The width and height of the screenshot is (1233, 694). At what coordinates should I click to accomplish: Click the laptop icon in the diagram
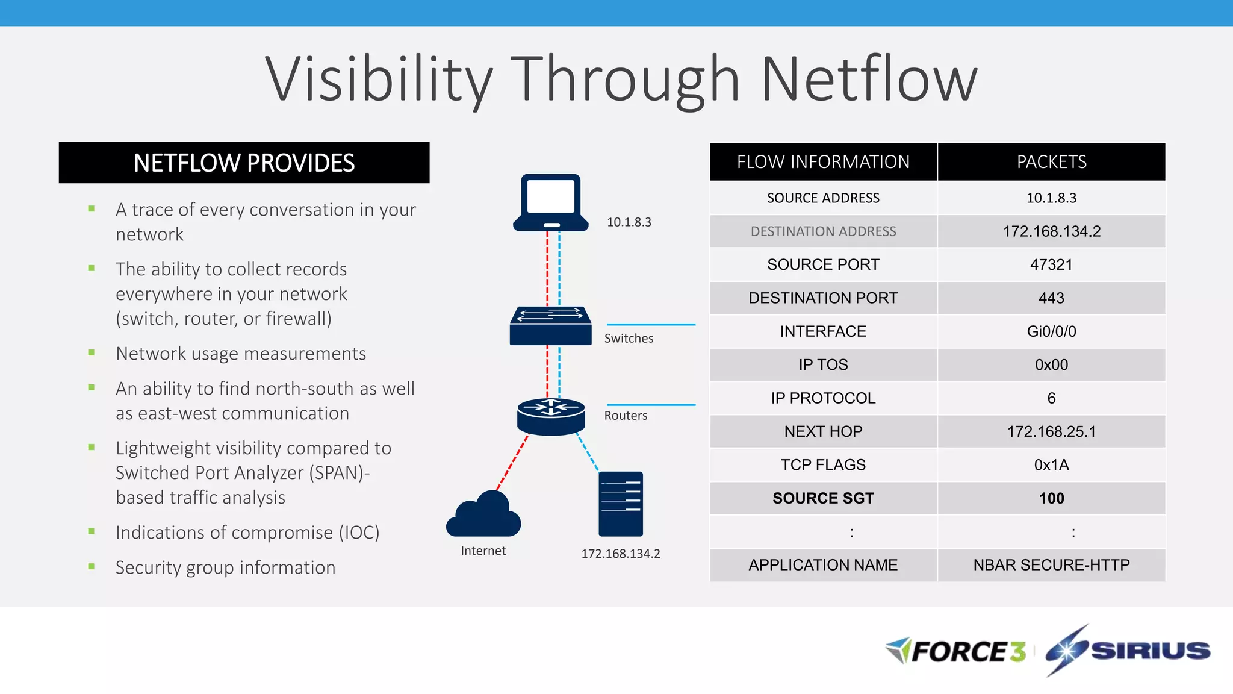pyautogui.click(x=550, y=202)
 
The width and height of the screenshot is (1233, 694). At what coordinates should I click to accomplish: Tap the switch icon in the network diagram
pyautogui.click(x=550, y=326)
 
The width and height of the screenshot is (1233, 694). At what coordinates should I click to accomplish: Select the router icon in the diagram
pyautogui.click(x=551, y=416)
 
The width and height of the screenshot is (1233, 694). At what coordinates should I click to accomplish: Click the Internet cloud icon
pyautogui.click(x=483, y=515)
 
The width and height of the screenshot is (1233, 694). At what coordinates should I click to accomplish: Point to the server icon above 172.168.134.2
pyautogui.click(x=621, y=504)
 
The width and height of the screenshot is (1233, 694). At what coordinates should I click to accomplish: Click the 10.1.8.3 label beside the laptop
pyautogui.click(x=629, y=222)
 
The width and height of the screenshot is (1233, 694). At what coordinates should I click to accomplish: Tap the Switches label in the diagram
pyautogui.click(x=629, y=339)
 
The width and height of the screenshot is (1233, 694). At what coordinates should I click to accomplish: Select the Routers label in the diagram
pyautogui.click(x=626, y=416)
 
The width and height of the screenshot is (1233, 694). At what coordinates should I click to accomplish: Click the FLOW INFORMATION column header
pyautogui.click(x=823, y=162)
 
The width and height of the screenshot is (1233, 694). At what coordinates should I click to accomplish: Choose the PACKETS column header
pyautogui.click(x=1051, y=162)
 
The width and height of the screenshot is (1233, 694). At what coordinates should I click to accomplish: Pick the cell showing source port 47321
pyautogui.click(x=1051, y=264)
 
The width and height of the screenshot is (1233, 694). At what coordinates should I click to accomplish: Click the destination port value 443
pyautogui.click(x=1051, y=298)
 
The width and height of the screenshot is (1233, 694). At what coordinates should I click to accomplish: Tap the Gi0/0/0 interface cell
pyautogui.click(x=1051, y=331)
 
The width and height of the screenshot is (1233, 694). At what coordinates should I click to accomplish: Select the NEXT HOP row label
pyautogui.click(x=823, y=431)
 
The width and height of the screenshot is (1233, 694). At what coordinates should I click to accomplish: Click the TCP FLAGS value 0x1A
pyautogui.click(x=1051, y=465)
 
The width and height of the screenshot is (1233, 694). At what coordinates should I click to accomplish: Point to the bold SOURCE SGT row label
pyautogui.click(x=823, y=498)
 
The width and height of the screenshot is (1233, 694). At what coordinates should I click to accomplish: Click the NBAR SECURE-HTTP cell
pyautogui.click(x=1051, y=565)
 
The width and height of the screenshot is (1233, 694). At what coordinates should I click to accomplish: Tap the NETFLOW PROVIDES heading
pyautogui.click(x=244, y=163)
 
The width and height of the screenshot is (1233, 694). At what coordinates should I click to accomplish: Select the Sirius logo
pyautogui.click(x=1128, y=651)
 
